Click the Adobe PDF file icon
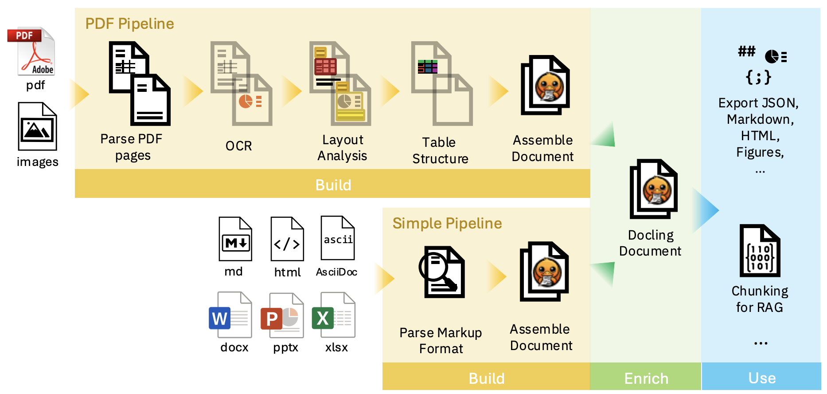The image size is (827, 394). [31, 51]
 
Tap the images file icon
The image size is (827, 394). [37, 126]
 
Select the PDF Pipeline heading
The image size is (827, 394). [129, 24]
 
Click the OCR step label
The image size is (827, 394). [238, 146]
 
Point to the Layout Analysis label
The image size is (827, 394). [342, 148]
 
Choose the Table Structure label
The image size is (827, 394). [440, 150]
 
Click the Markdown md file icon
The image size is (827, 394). [235, 239]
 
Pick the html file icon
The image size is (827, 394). [287, 239]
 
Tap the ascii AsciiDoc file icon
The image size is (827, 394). [338, 238]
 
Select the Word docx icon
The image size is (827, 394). [230, 315]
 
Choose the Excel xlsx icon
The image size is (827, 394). [334, 315]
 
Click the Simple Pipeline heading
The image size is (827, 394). [447, 223]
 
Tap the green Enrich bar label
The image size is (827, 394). [646, 378]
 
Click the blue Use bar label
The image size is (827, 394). [762, 378]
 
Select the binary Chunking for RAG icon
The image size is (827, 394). [760, 251]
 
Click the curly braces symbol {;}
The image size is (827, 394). [758, 77]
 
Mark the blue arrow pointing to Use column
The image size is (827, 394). [706, 210]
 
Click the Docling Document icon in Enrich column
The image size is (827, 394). [654, 189]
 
